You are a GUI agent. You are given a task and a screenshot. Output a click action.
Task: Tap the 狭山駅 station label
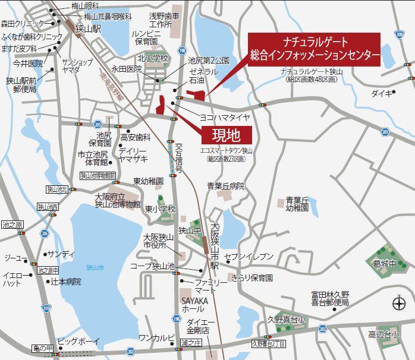tap(88, 28)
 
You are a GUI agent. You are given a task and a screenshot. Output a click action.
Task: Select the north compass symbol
tap(399, 305)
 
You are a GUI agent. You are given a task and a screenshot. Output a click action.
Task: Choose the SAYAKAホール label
tap(194, 305)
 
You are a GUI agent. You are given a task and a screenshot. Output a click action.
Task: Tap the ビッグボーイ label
tap(78, 342)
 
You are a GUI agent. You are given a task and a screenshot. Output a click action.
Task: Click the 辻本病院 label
tap(65, 282)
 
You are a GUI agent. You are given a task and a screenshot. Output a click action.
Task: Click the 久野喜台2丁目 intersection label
tap(269, 343)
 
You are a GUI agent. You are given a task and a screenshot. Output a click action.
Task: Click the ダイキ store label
tap(381, 93)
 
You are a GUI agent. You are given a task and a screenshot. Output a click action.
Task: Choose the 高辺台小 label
tap(383, 334)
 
